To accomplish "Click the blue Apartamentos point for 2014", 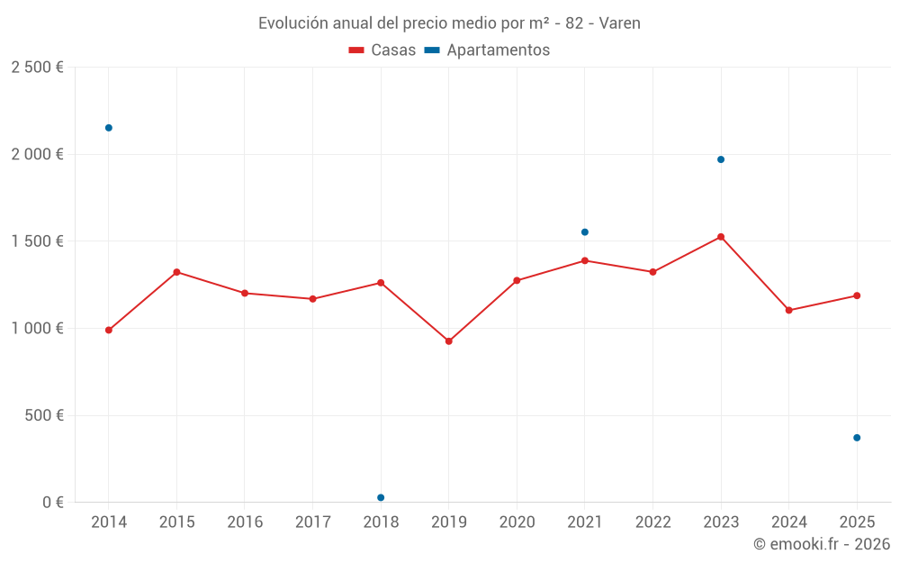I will tap(109, 128).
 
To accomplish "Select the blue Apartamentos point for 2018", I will tap(381, 497).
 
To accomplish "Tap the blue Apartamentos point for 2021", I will tap(585, 232).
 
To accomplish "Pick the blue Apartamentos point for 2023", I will tap(721, 159).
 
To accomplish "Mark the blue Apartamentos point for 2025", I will tap(857, 438).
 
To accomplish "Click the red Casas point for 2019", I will tap(449, 341).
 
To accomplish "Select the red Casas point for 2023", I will tap(721, 237).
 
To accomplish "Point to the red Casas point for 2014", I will tap(109, 331).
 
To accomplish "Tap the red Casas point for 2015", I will tap(176, 272).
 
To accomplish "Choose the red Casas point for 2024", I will tap(789, 311).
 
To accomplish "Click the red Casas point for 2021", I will tap(585, 260).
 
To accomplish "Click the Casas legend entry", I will tap(382, 50).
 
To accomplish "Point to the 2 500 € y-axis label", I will tap(37, 68).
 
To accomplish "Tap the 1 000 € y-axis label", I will tap(37, 329).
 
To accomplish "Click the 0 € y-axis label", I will tap(50, 503).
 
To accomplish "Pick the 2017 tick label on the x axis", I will tap(312, 522).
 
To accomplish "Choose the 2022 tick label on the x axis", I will tap(652, 522).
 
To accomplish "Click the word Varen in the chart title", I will tap(620, 23).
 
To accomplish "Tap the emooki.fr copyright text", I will tap(821, 544).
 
